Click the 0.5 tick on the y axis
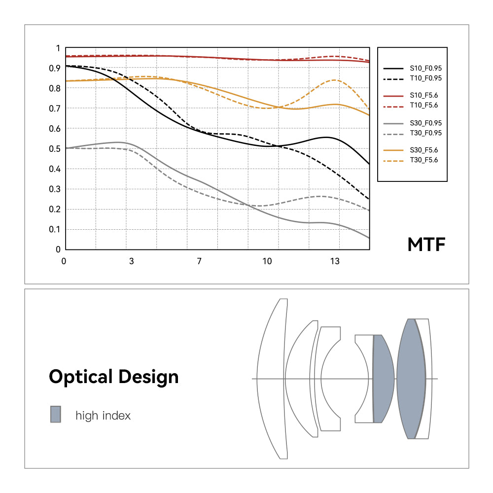pyautogui.click(x=56, y=149)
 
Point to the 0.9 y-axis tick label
pyautogui.click(x=56, y=69)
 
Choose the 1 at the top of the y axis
pyautogui.click(x=58, y=48)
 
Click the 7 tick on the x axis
pyautogui.click(x=199, y=261)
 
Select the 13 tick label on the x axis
pyautogui.click(x=335, y=261)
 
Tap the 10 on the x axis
pyautogui.click(x=267, y=261)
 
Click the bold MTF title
pyautogui.click(x=426, y=245)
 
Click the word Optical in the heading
pyautogui.click(x=81, y=377)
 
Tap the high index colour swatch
pyautogui.click(x=55, y=415)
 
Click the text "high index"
pyautogui.click(x=103, y=416)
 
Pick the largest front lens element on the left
pyautogui.click(x=274, y=379)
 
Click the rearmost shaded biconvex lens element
pyautogui.click(x=411, y=379)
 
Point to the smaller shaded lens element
pyautogui.click(x=383, y=379)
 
